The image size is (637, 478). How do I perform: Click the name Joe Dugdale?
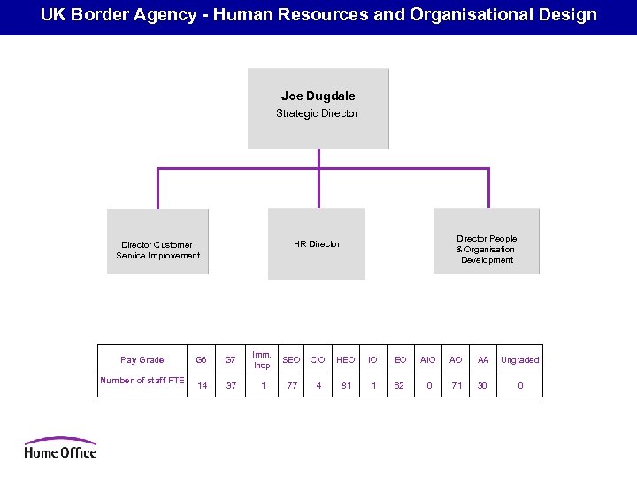pyautogui.click(x=318, y=96)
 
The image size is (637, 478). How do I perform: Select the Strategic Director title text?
pyautogui.click(x=318, y=113)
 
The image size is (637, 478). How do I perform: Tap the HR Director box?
pyautogui.click(x=317, y=244)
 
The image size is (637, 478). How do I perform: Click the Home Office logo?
pyautogui.click(x=60, y=447)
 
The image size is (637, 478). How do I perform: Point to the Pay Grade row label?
pyautogui.click(x=142, y=360)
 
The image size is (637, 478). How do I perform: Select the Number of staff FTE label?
pyautogui.click(x=142, y=381)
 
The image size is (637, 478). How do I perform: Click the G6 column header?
pyautogui.click(x=202, y=360)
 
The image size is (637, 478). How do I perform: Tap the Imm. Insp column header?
pyautogui.click(x=262, y=360)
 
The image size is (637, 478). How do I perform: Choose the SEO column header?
pyautogui.click(x=291, y=360)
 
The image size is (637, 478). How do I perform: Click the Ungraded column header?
pyautogui.click(x=519, y=360)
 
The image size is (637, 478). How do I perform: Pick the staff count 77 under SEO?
pyautogui.click(x=292, y=386)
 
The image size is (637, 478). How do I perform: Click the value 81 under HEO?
pyautogui.click(x=346, y=386)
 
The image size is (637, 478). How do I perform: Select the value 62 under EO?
pyautogui.click(x=400, y=386)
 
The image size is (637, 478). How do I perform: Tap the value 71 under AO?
pyautogui.click(x=456, y=386)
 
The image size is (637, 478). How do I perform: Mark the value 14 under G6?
pyautogui.click(x=202, y=386)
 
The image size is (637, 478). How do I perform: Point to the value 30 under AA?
pyautogui.click(x=482, y=386)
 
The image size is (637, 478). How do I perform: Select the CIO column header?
pyautogui.click(x=318, y=360)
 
